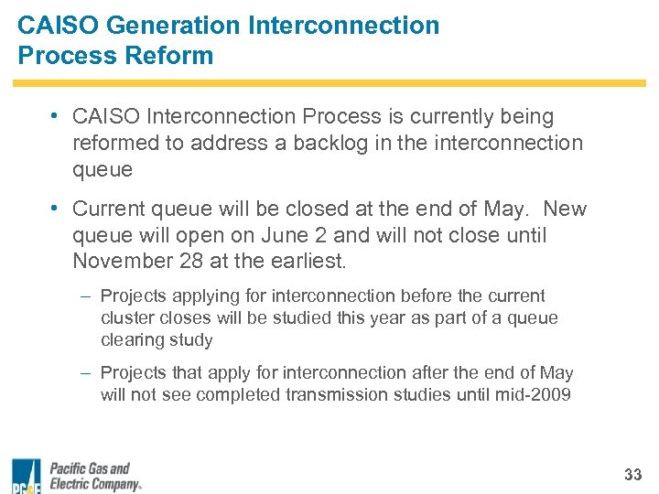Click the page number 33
(632, 475)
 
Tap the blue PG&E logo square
(27, 475)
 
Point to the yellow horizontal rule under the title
(329, 83)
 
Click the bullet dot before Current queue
(56, 209)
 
